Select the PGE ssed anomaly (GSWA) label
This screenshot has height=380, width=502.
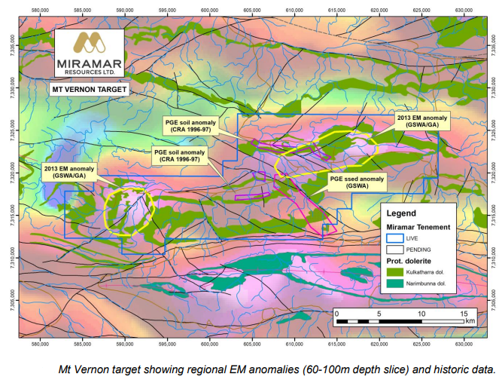[x=357, y=181]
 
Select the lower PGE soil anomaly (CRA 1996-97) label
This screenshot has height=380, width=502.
[x=176, y=155]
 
